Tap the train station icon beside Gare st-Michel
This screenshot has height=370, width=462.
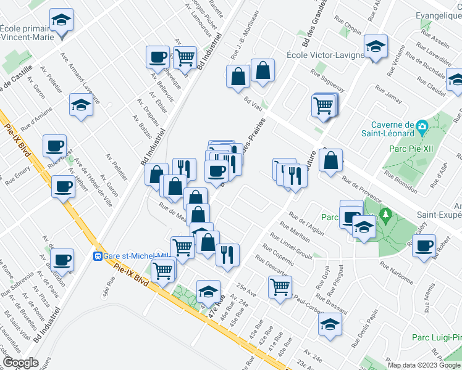pos(98,256)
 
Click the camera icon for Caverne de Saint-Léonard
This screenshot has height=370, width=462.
pos(422,128)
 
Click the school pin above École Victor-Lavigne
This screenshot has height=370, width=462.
pos(376,47)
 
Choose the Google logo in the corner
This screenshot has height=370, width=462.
pos(20,363)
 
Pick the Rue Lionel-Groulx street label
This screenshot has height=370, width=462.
pos(290,245)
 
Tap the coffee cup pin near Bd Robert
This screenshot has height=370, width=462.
pos(424,245)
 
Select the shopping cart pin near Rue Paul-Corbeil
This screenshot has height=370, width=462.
pos(280,286)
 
